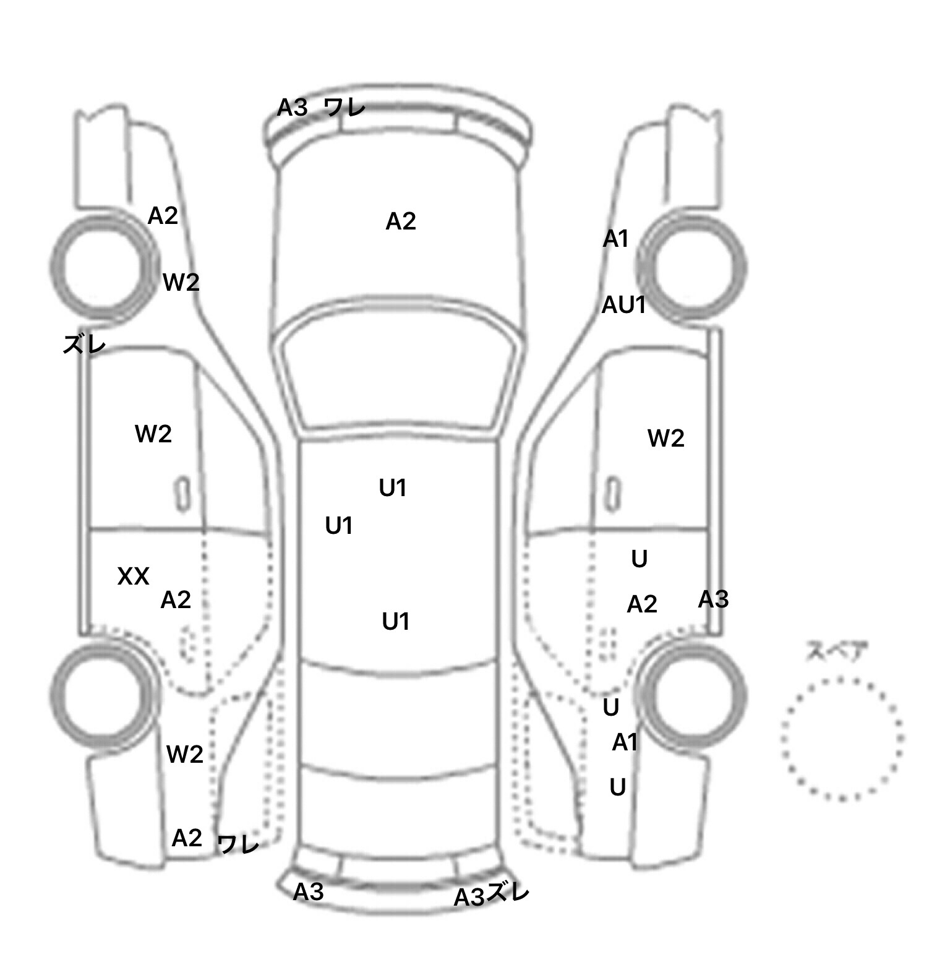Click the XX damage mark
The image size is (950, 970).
(133, 577)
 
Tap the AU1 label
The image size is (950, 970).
(624, 304)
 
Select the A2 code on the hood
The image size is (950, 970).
(401, 221)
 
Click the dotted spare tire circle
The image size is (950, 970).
(842, 679)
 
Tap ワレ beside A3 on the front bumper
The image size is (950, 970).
(344, 108)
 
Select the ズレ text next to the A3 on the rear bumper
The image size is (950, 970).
(508, 893)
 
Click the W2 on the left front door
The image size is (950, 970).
(153, 434)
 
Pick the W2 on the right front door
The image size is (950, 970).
(666, 438)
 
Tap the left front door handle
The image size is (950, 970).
(181, 495)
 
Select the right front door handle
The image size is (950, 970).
(613, 495)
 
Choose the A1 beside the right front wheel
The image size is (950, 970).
(616, 238)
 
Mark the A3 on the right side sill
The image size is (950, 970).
(714, 599)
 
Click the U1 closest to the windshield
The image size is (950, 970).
(393, 488)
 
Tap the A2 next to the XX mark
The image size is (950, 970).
(176, 599)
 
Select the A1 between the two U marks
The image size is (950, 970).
(625, 742)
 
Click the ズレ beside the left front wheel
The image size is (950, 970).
(84, 344)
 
